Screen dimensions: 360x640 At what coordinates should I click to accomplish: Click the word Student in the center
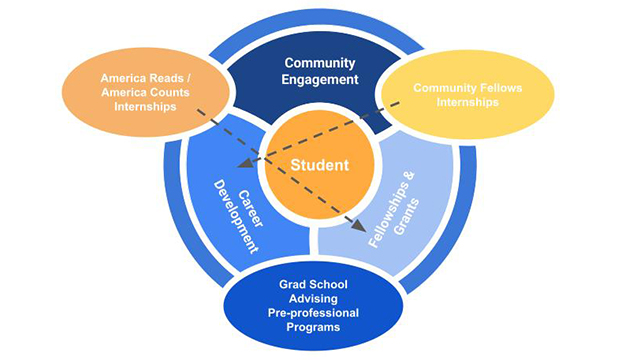(x=319, y=164)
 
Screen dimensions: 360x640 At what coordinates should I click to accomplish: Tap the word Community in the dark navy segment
(x=320, y=63)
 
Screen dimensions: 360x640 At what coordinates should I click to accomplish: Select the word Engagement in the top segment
(x=320, y=81)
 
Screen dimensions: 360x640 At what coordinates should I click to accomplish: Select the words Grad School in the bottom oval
(x=321, y=284)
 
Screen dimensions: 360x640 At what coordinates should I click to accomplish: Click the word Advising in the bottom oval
(x=321, y=298)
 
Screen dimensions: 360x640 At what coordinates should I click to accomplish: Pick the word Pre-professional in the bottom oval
(x=321, y=312)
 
